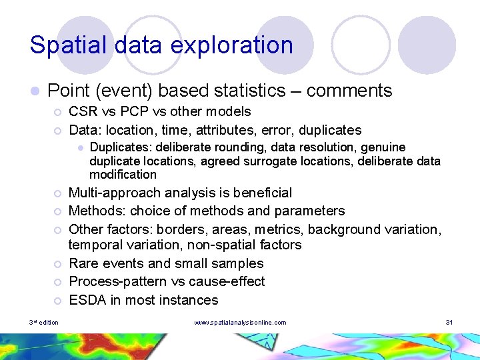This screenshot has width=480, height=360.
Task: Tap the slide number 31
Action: pos(449,323)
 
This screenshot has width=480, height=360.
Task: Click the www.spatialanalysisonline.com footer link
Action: pos(240,323)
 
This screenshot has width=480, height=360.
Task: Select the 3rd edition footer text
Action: pos(43,323)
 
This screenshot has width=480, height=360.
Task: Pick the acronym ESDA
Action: pos(88,300)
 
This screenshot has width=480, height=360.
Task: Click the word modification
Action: pos(123,175)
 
